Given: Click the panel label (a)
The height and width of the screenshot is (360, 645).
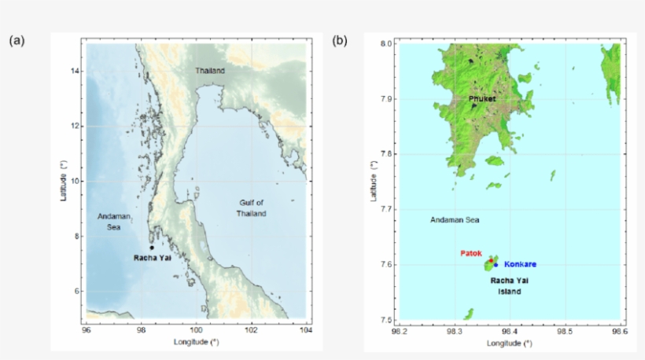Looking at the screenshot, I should pyautogui.click(x=16, y=40).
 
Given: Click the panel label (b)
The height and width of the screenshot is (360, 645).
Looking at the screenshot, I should pyautogui.click(x=339, y=40).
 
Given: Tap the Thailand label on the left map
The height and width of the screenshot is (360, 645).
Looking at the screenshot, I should pyautogui.click(x=210, y=71).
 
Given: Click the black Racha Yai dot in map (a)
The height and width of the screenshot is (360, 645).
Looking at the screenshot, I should pyautogui.click(x=152, y=248).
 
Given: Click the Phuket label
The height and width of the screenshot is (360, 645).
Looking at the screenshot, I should pyautogui.click(x=482, y=99).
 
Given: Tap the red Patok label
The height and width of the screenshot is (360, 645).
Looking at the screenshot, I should pyautogui.click(x=471, y=253).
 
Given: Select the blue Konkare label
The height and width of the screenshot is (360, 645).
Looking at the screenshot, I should pyautogui.click(x=520, y=264).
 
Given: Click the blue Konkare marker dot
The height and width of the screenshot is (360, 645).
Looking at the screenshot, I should pyautogui.click(x=496, y=264).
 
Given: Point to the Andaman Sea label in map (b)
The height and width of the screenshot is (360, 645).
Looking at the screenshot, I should pyautogui.click(x=455, y=220).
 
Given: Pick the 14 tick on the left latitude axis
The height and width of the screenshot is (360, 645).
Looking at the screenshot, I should pyautogui.click(x=76, y=71).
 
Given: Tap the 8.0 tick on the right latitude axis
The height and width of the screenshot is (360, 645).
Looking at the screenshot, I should pyautogui.click(x=385, y=44).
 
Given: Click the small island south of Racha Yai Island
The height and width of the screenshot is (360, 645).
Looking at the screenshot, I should pyautogui.click(x=469, y=314).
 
